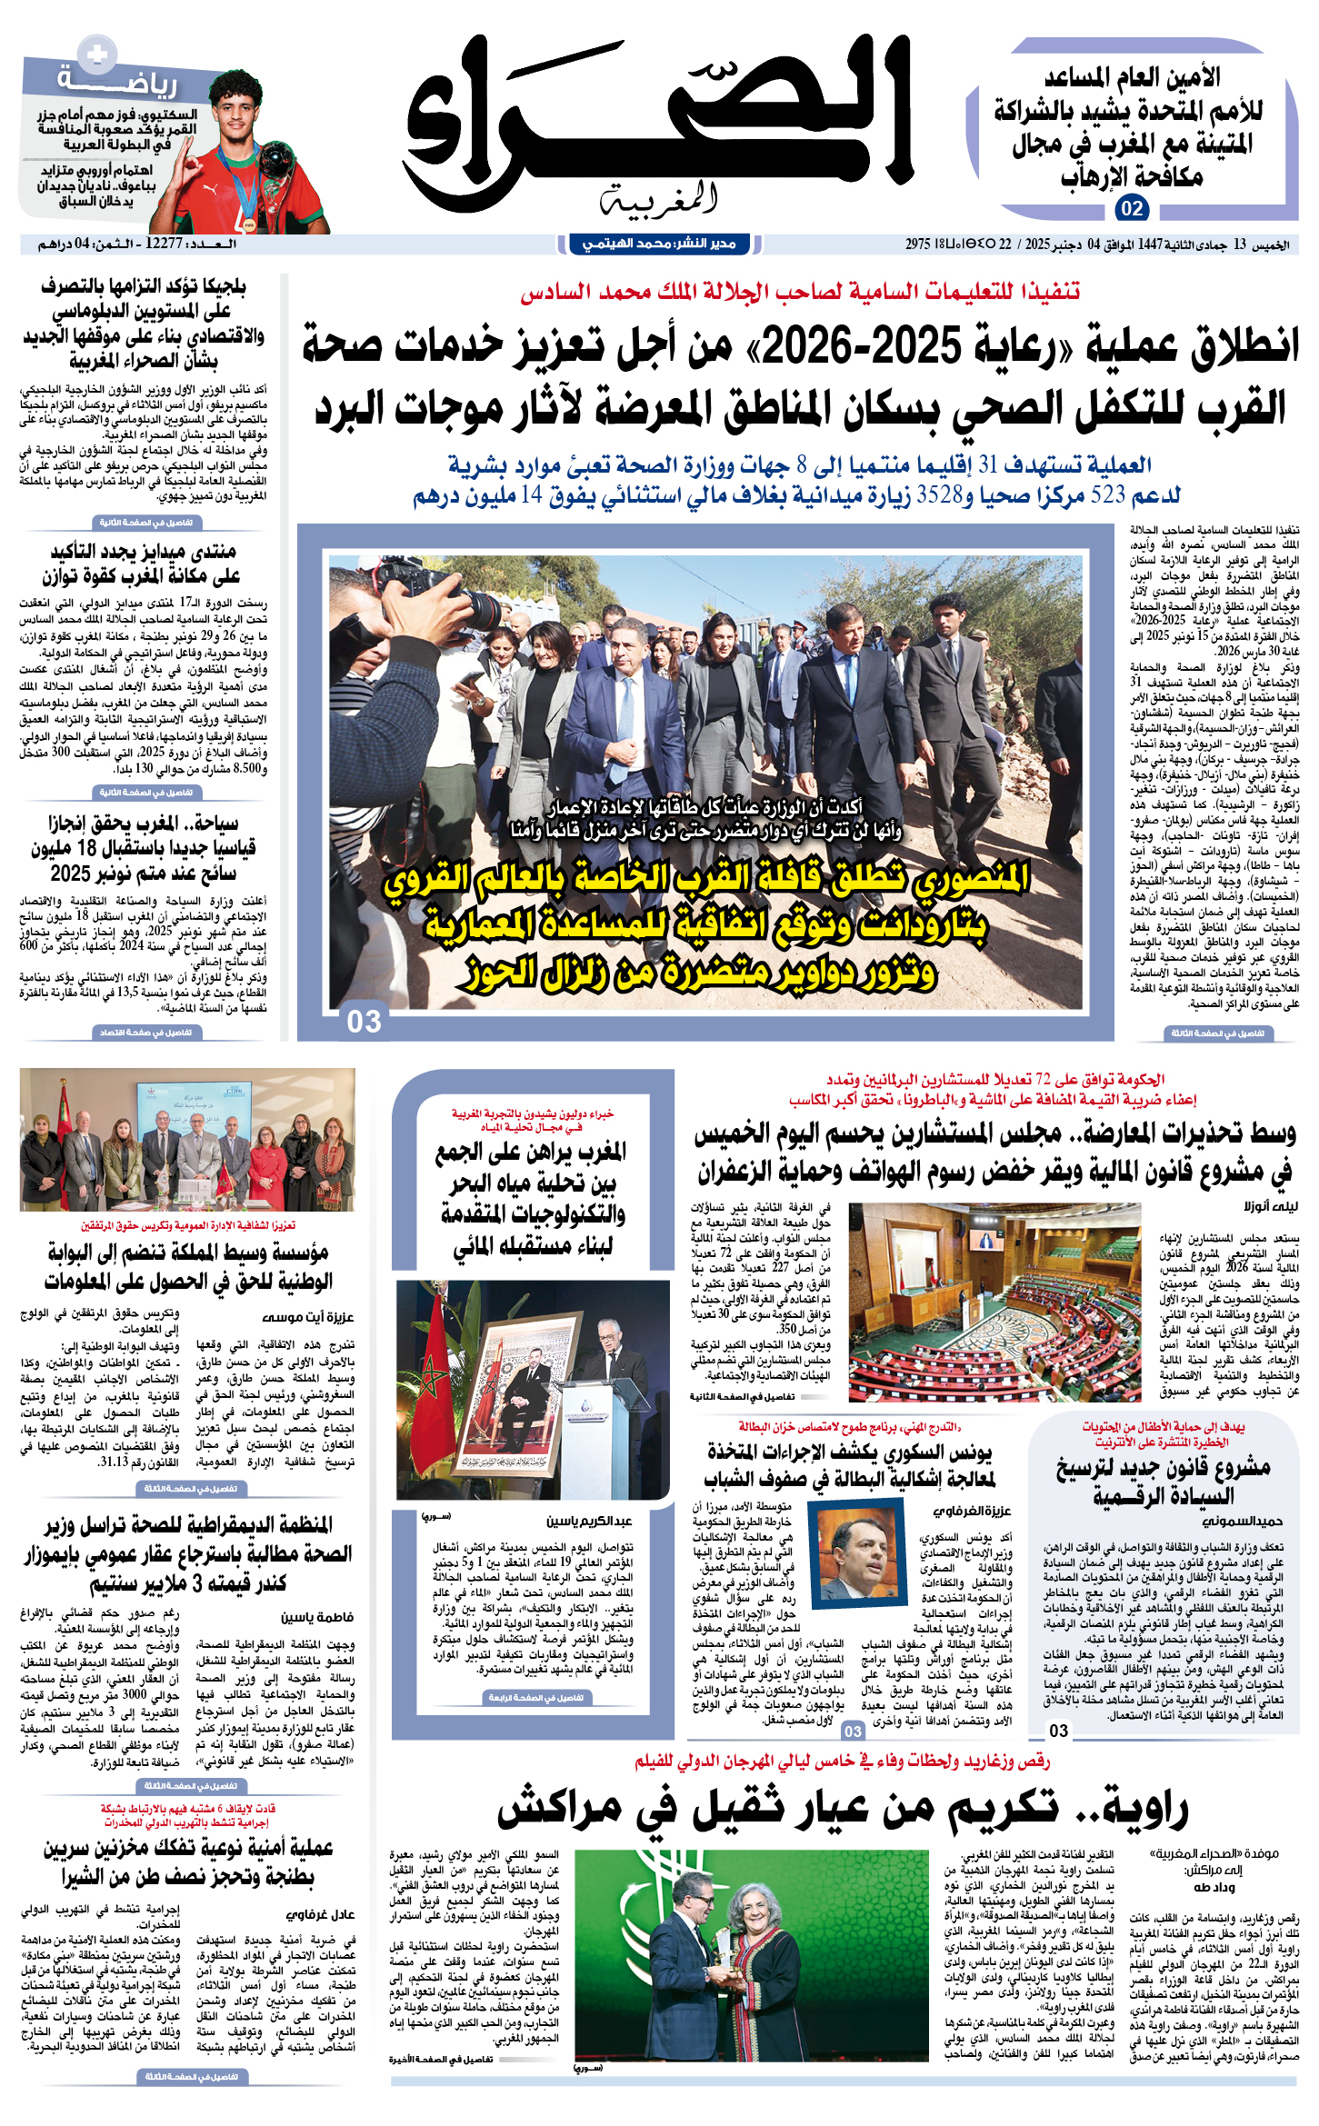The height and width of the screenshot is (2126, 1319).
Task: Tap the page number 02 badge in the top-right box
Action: pyautogui.click(x=1131, y=208)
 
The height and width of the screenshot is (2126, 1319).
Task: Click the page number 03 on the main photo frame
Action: pyautogui.click(x=365, y=1022)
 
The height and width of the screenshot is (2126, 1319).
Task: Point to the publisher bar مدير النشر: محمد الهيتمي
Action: pyautogui.click(x=659, y=244)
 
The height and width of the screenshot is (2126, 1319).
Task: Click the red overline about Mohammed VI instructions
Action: pyautogui.click(x=800, y=291)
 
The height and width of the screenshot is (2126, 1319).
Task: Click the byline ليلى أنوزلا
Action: pyautogui.click(x=1271, y=1206)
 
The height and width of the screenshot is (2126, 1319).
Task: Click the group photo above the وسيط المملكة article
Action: pyautogui.click(x=187, y=1139)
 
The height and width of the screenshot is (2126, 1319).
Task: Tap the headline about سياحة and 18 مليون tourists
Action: pyautogui.click(x=144, y=848)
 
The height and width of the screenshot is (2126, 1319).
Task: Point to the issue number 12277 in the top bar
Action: pyautogui.click(x=164, y=244)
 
